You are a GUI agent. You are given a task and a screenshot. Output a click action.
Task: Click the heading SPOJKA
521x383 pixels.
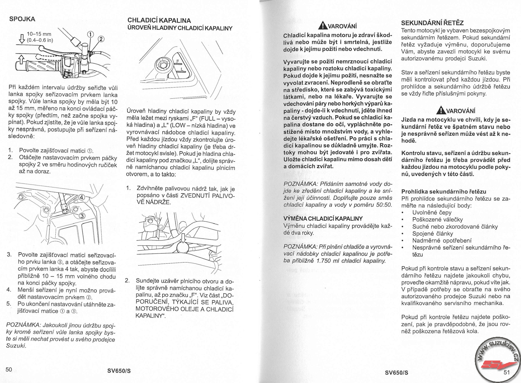tap(22, 19)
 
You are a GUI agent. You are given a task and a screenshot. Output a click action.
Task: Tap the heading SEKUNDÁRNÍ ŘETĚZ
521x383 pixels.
tap(432, 23)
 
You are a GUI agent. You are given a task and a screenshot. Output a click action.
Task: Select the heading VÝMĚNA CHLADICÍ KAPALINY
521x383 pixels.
tap(323, 219)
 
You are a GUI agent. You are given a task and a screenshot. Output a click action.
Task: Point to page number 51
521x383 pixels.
tap(507, 372)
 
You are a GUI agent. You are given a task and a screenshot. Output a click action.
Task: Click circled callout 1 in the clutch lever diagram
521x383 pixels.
tap(90, 34)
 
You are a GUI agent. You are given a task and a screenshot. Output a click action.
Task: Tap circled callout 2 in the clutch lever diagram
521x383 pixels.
tap(101, 39)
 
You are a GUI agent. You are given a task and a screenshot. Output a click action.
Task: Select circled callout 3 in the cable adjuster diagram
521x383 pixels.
tap(82, 216)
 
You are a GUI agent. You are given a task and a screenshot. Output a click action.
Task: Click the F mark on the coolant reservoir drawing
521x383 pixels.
tap(177, 62)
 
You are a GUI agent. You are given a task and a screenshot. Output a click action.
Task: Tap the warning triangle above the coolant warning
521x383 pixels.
tap(324, 25)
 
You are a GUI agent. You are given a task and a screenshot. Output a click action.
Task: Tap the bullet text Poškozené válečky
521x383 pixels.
tap(438, 219)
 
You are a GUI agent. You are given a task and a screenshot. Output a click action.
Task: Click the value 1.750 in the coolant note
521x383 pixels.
tap(324, 261)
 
